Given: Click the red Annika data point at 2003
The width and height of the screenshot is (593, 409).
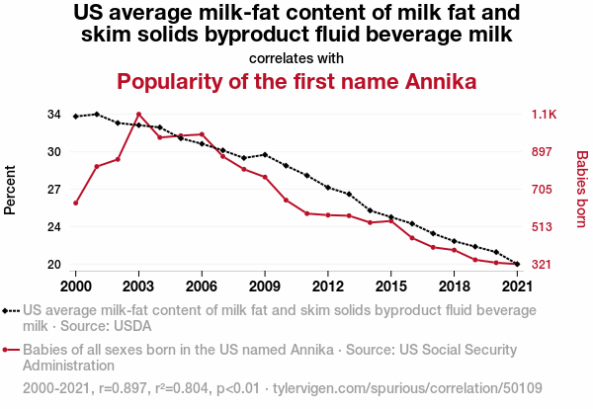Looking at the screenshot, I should pyautogui.click(x=138, y=115).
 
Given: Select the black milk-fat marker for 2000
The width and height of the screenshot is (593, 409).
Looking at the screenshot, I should pyautogui.click(x=76, y=117).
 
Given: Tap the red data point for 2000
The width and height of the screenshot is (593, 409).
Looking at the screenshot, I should pyautogui.click(x=76, y=203).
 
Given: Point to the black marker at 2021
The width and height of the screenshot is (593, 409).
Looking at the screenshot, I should pyautogui.click(x=518, y=264).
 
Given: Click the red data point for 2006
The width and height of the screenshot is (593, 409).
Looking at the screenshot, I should pyautogui.click(x=202, y=134).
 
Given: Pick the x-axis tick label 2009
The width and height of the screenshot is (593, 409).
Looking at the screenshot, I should pyautogui.click(x=265, y=286).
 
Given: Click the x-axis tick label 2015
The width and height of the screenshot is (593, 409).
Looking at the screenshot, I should pyautogui.click(x=391, y=286).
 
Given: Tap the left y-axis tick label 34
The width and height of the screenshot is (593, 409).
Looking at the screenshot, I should pyautogui.click(x=53, y=115).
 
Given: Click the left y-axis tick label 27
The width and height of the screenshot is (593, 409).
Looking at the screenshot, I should pyautogui.click(x=53, y=190).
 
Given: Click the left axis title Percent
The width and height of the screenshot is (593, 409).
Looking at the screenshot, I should pyautogui.click(x=11, y=190).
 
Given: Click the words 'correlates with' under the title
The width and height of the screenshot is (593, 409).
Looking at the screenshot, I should pyautogui.click(x=296, y=57).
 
